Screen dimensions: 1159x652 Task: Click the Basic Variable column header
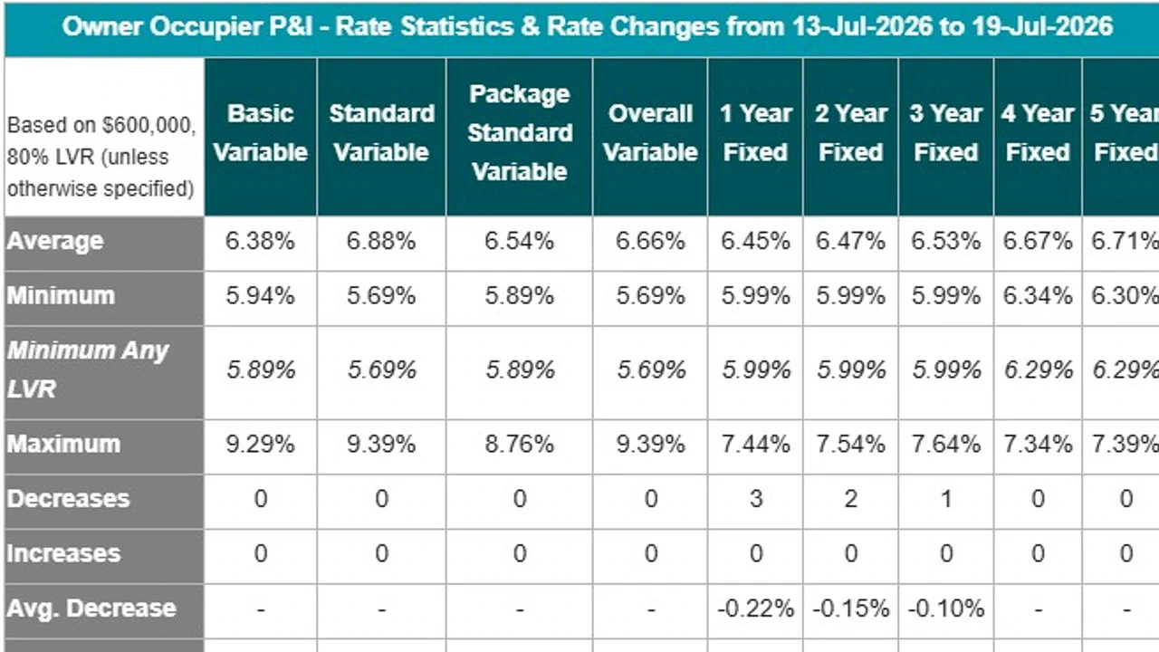coord(260,133)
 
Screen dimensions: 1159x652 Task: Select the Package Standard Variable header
coord(520,133)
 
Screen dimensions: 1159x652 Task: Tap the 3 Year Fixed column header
coord(946,133)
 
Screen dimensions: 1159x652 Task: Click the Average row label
coord(55,242)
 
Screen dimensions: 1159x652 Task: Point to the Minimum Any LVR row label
coord(88,369)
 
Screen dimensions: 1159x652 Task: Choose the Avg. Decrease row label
coord(91,609)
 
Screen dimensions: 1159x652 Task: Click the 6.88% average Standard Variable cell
coord(381,241)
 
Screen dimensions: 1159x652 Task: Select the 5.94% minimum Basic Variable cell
coord(260,296)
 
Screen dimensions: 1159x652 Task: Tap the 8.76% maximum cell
coord(520,445)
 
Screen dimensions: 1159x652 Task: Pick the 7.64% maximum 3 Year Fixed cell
coord(946,445)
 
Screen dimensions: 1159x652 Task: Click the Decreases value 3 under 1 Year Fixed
coord(756,499)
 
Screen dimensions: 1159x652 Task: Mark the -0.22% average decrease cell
coord(755,609)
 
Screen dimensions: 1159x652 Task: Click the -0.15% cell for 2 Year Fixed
coord(850,609)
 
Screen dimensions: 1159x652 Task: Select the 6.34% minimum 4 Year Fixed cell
coord(1038,296)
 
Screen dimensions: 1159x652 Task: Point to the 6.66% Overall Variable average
coord(650,241)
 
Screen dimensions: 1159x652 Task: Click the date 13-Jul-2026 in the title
coord(862,26)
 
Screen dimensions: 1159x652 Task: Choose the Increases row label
coord(63,553)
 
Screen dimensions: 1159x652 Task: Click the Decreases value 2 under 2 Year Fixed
coord(850,499)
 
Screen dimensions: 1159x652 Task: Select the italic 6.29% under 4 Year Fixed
coord(1038,370)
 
